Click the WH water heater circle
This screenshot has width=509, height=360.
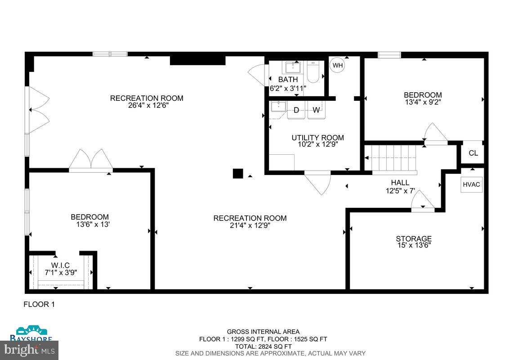pos(337,65)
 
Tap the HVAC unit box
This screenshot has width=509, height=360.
pos(471,184)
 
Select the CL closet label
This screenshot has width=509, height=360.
pos(473,153)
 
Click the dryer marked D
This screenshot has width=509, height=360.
pos(296,110)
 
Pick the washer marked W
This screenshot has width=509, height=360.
pos(316,110)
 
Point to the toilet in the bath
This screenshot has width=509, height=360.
pos(313,72)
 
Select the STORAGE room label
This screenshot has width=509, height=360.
pos(414,238)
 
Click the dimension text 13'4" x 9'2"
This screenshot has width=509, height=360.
pos(423,102)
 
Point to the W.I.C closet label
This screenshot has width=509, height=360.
pos(60,265)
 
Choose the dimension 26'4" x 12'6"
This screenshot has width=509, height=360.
pos(147,106)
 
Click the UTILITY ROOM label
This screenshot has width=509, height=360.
pos(317,138)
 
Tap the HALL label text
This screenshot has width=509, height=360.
pos(400,182)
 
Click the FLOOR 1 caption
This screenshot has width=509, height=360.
pos(39,304)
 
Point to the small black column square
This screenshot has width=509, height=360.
pos(238,174)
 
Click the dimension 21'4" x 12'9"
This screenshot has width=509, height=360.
pos(250,225)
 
